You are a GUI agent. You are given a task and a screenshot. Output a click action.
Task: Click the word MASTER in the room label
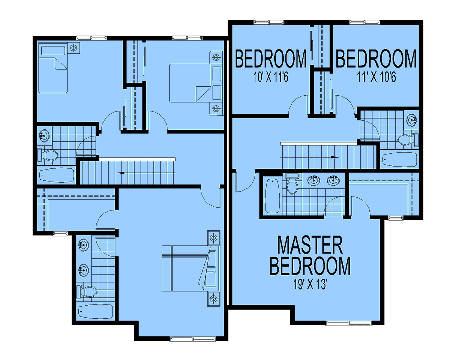[310, 245]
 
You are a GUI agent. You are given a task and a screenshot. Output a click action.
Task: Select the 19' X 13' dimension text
[310, 284]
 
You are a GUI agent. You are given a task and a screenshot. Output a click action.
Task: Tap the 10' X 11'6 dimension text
[271, 77]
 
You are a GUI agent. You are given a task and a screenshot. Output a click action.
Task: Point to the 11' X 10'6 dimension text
[376, 77]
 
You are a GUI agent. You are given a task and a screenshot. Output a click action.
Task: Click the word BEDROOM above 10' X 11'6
[271, 58]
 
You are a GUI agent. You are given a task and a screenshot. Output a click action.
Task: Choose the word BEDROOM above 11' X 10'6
[376, 58]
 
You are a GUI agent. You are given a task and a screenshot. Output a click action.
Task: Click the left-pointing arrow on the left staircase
[120, 173]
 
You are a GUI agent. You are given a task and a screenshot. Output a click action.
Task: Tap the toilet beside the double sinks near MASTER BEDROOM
[292, 183]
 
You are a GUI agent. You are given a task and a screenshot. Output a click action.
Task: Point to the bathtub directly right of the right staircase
[400, 159]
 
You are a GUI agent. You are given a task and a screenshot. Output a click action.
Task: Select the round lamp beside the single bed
[73, 48]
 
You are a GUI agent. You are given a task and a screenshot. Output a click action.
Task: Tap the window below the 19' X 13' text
[349, 323]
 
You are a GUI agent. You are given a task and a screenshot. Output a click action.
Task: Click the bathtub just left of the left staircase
[57, 175]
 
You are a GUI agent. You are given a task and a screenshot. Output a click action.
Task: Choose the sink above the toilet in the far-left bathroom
[44, 136]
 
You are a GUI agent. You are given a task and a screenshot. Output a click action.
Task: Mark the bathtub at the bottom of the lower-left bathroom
[96, 312]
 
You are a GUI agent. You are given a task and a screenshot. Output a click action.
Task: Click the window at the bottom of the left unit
[193, 339]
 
